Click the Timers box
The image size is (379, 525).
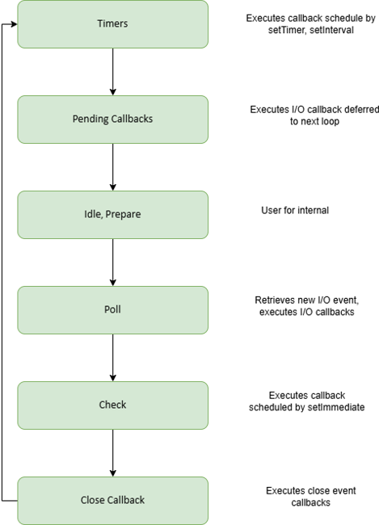(x=112, y=24)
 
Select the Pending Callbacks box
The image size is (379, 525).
(x=112, y=120)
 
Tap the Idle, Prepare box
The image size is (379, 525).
(x=112, y=215)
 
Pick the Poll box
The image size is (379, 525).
(x=112, y=310)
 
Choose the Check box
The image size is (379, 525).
(x=112, y=405)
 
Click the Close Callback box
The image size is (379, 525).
(x=112, y=501)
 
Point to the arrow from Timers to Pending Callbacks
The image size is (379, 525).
(x=112, y=72)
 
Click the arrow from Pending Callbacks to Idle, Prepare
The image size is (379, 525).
(x=112, y=167)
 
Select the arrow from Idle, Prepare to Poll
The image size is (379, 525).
(x=112, y=262)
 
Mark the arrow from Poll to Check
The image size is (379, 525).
(x=112, y=358)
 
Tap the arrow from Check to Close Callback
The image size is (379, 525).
(x=112, y=453)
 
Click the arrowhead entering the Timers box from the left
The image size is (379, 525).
(x=14, y=24)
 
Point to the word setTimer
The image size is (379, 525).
(x=287, y=30)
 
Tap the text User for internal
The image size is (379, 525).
(x=295, y=210)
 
